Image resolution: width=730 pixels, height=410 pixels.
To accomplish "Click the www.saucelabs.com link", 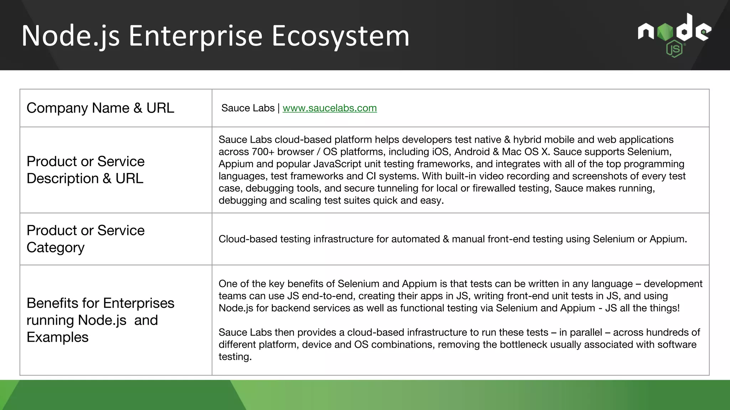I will click(x=329, y=108).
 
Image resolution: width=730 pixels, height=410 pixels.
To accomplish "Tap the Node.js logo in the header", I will click(x=674, y=35).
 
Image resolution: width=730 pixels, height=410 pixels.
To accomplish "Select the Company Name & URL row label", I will click(x=100, y=108).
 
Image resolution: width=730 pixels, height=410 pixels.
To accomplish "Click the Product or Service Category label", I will click(x=86, y=239).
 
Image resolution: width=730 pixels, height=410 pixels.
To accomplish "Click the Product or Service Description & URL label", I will click(x=86, y=170).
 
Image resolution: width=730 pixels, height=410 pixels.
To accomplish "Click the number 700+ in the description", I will click(x=263, y=152).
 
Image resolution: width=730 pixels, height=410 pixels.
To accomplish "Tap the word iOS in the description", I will click(x=441, y=152).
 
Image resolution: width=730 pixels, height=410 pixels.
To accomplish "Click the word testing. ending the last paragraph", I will click(x=235, y=357).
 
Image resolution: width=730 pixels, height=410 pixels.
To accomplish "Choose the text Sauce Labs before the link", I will click(x=248, y=108).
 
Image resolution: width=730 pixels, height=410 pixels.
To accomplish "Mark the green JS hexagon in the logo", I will click(x=674, y=49).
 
